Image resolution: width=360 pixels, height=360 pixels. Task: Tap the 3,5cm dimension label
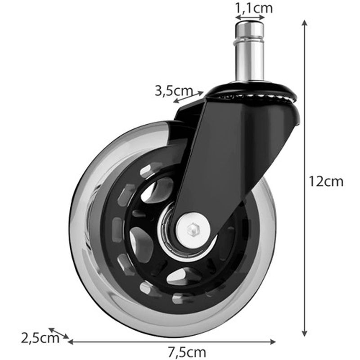(174, 91)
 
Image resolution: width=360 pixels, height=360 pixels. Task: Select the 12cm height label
(326, 181)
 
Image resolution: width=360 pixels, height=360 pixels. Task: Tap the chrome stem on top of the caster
(250, 54)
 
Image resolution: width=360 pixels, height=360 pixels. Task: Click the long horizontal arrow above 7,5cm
(171, 342)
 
